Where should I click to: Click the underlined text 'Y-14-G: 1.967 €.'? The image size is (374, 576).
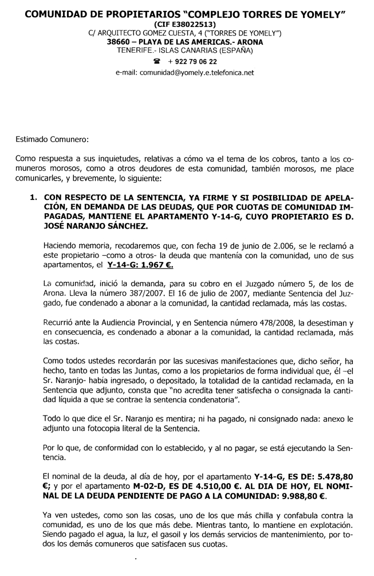pyautogui.click(x=141, y=266)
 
